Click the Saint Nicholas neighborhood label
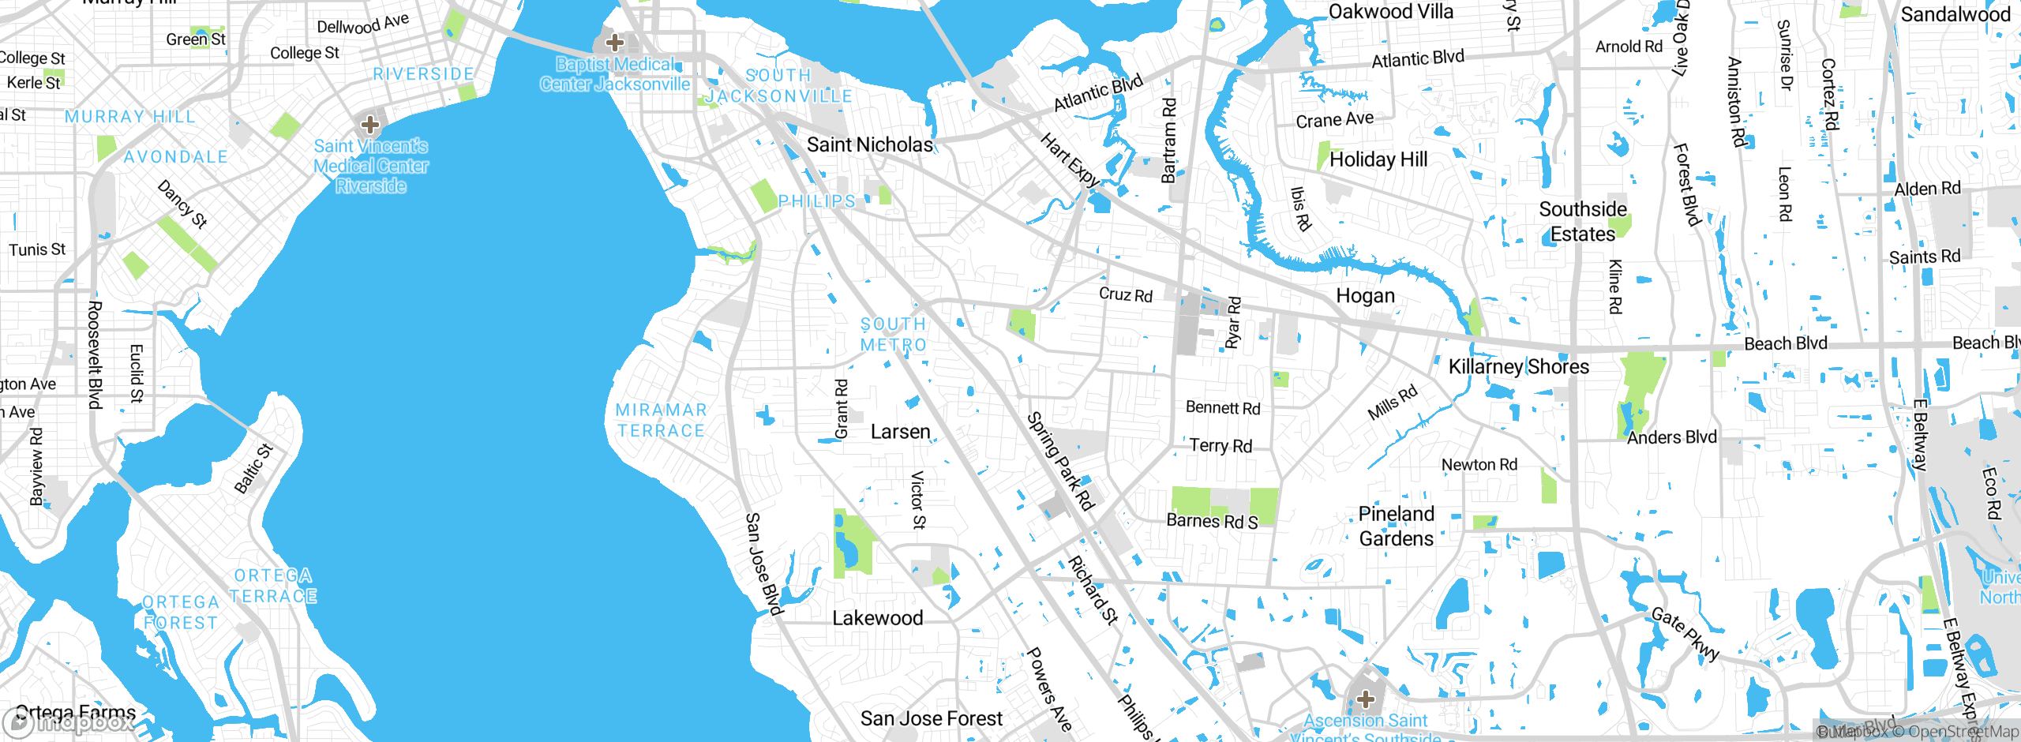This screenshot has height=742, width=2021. (869, 144)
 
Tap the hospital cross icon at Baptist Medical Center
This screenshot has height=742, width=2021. (614, 43)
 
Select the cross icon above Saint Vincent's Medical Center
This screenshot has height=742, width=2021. (369, 124)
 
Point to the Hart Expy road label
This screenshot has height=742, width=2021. (1069, 160)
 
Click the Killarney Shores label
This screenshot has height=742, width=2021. (1518, 366)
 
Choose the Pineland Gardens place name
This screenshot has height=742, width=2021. (1396, 527)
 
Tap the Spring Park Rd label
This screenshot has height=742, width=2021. (1060, 462)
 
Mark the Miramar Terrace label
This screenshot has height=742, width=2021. (661, 420)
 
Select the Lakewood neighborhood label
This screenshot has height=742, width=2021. (877, 618)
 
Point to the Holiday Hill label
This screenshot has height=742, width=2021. (1378, 159)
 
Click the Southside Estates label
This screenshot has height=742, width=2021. (1582, 222)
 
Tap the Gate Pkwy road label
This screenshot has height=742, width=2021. (1685, 634)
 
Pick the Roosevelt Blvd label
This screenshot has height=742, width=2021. (95, 355)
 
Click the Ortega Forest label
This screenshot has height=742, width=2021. (181, 613)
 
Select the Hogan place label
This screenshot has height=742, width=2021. (1365, 296)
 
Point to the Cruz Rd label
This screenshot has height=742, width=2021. (1125, 294)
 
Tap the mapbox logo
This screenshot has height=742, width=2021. (69, 722)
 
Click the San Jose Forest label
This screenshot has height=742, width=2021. (931, 718)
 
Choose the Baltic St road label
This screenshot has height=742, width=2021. (253, 469)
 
